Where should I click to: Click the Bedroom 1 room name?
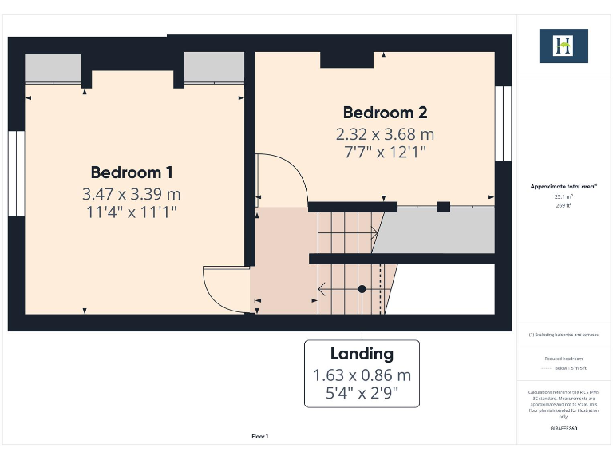(132, 172)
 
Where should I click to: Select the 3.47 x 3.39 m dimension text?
(132, 194)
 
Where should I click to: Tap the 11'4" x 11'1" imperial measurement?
(132, 212)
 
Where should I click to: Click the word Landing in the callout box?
(362, 354)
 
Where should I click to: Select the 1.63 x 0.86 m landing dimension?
(362, 375)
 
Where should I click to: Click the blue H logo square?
(564, 46)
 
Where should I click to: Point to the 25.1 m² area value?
(564, 196)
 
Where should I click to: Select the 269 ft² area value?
(564, 205)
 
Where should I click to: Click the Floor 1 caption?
(260, 436)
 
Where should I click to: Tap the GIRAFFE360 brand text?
(564, 429)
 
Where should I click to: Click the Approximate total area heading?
(564, 186)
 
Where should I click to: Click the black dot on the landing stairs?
(362, 289)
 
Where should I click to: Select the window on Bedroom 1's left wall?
(16, 173)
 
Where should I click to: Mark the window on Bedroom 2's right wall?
(503, 123)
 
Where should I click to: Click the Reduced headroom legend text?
(564, 359)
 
